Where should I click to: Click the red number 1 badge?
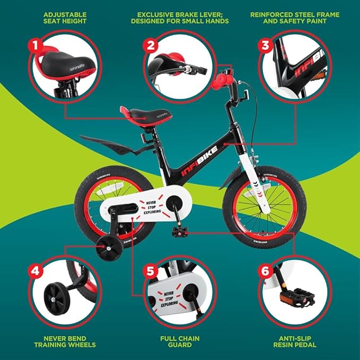pos(36,46)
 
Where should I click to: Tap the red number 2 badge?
pos(151,46)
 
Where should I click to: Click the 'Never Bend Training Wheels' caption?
pos(64,340)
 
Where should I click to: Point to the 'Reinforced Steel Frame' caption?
pos(294,18)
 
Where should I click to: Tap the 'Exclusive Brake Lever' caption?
pos(180,18)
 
